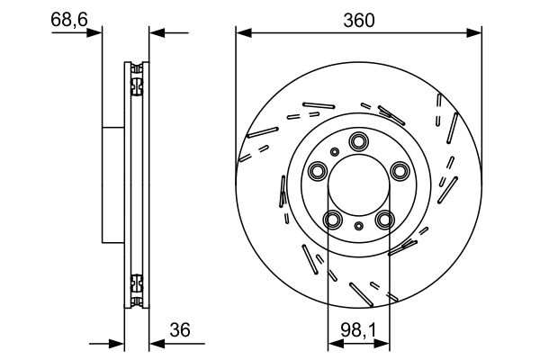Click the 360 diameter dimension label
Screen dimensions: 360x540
pos(357,17)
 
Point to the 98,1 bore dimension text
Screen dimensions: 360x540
pos(358,330)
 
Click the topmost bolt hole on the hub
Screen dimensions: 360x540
pos(359,140)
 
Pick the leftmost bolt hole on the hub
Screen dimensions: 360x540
pos(318,171)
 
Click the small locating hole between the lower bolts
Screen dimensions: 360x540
pos(359,225)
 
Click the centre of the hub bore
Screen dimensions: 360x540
pos(359,186)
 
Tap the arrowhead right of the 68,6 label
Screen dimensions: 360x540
pos(96,33)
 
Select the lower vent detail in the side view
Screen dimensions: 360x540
pos(136,288)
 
